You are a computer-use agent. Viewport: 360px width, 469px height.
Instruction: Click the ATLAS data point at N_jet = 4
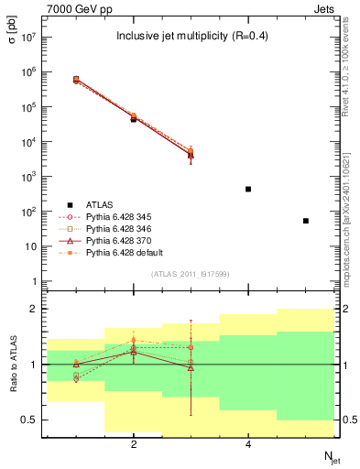click(x=248, y=189)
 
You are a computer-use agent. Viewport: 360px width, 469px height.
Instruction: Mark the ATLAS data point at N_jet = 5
click(x=306, y=221)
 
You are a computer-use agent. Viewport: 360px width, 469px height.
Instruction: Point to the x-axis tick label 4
click(x=248, y=444)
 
